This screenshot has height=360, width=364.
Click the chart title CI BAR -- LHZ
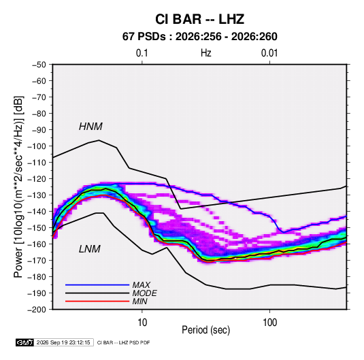(x=199, y=19)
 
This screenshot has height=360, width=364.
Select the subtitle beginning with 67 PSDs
(x=199, y=37)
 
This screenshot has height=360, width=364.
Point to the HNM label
(x=90, y=127)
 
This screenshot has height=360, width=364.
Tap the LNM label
(x=90, y=249)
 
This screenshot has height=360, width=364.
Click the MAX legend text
(x=141, y=284)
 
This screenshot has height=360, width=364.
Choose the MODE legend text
(x=145, y=293)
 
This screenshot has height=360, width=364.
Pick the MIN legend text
(x=139, y=301)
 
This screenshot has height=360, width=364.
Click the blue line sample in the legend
(x=97, y=284)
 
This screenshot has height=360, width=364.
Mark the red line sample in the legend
(x=97, y=301)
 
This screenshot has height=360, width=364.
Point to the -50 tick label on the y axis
(x=39, y=65)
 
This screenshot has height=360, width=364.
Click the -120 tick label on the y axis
(x=37, y=179)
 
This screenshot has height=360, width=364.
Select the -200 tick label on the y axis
(x=37, y=310)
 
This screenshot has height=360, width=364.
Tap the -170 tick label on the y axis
(x=37, y=261)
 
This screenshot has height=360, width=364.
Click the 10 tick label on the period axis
(x=142, y=323)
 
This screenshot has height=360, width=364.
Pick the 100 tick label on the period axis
(x=269, y=323)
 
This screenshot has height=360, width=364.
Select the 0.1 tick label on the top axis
(x=142, y=53)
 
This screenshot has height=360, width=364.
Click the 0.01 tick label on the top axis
(x=269, y=53)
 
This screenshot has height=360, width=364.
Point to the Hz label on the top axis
(x=206, y=53)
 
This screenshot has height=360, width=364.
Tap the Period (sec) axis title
(x=206, y=330)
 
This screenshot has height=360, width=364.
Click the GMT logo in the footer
(x=25, y=342)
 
